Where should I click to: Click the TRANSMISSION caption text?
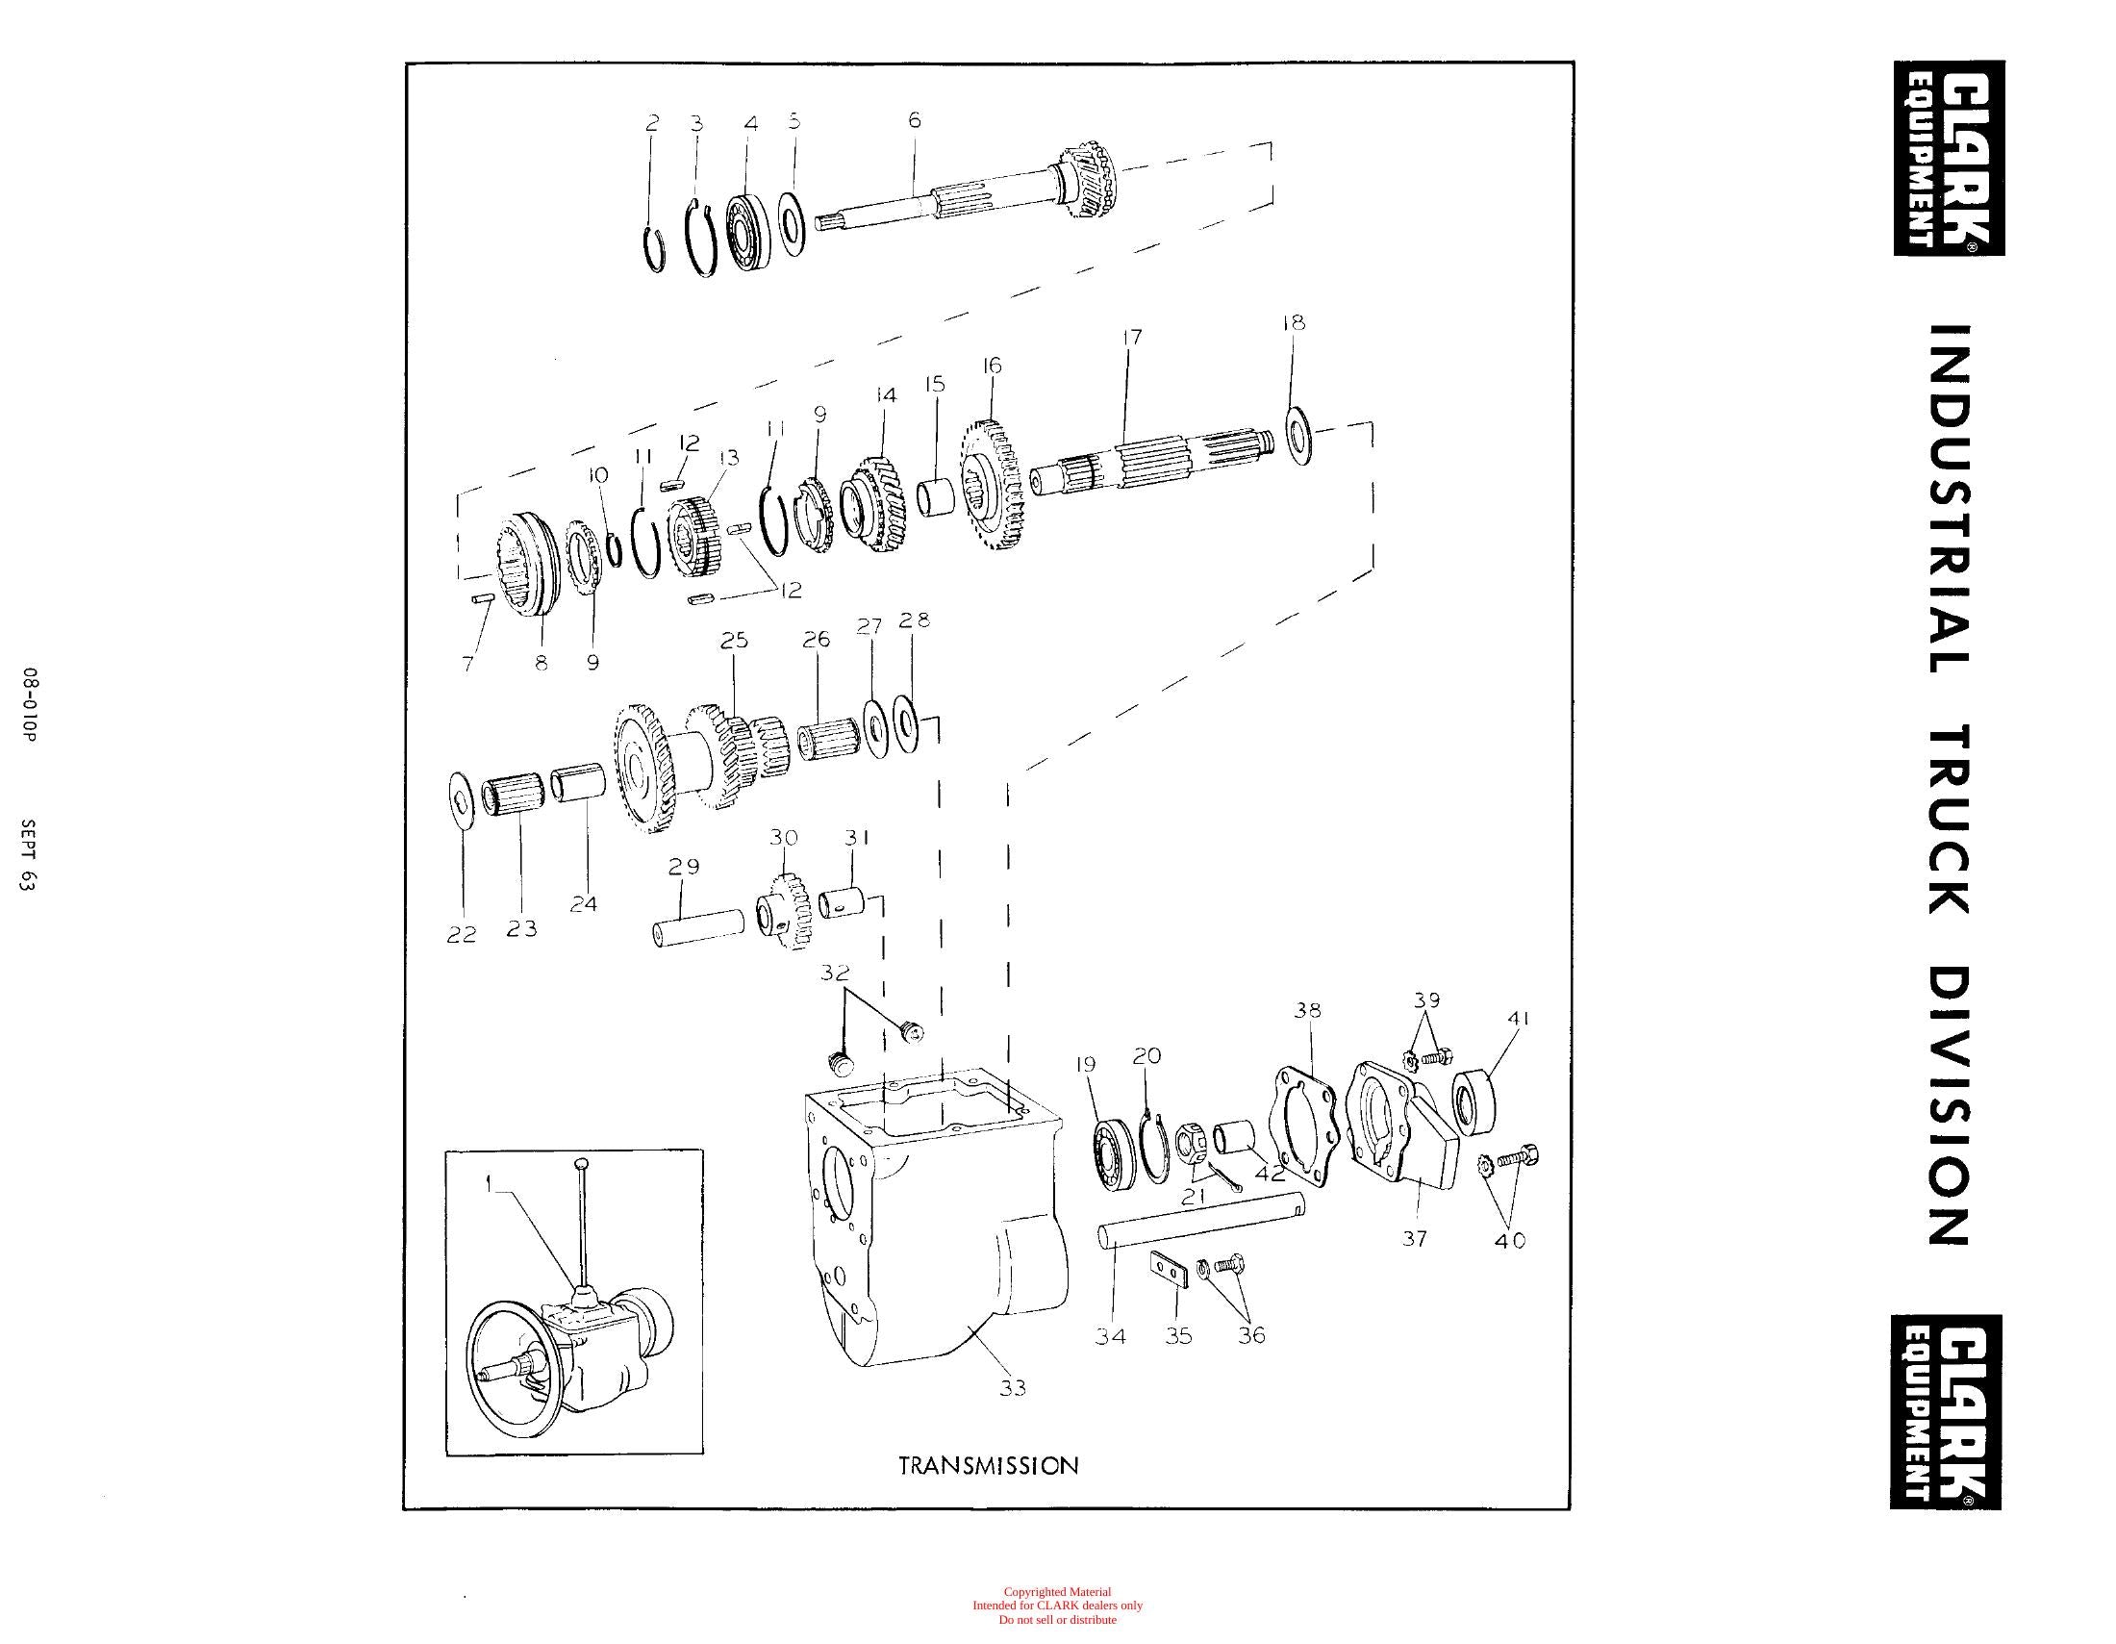[x=988, y=1465]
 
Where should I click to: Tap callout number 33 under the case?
[x=1013, y=1388]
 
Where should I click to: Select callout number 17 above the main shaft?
[x=1132, y=337]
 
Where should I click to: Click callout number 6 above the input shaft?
[x=914, y=120]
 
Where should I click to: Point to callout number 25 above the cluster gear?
[x=735, y=641]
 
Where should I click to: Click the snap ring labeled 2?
[x=655, y=246]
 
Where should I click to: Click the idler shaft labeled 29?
[x=697, y=928]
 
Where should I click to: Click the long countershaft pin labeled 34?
[x=1201, y=1220]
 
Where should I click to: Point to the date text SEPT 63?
[x=28, y=855]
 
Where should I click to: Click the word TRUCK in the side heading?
[x=1948, y=822]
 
